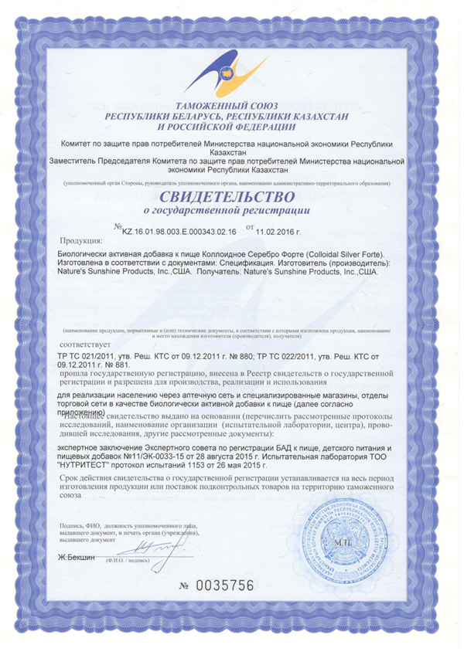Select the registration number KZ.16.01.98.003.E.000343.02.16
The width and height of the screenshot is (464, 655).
point(179,229)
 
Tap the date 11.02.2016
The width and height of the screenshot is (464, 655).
point(278,229)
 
